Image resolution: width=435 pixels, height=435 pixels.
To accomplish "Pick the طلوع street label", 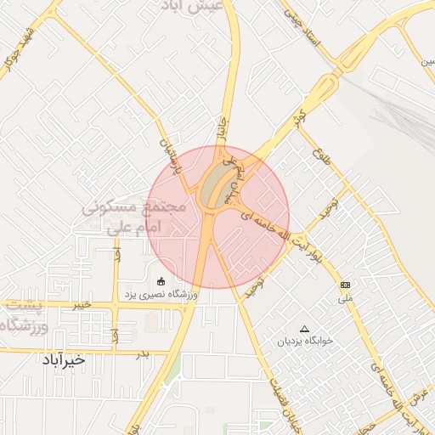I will (320, 159).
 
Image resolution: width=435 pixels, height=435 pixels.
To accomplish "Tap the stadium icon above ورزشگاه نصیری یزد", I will (161, 280).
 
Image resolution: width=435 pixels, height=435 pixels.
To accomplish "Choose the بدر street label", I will (143, 353).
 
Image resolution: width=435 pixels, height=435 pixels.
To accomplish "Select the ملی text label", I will (345, 297).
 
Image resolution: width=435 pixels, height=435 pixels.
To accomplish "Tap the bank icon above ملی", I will (345, 285).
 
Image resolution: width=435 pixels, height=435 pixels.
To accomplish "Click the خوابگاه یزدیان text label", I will (303, 342).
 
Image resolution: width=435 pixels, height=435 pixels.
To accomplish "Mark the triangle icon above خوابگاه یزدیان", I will (305, 328).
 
